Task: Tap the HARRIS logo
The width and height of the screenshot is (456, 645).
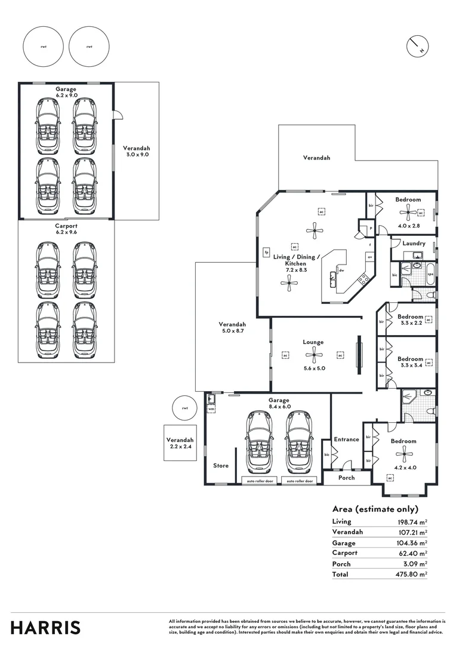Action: point(45,628)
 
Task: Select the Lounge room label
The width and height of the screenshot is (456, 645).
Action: point(313,342)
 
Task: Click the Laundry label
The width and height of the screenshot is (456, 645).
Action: point(414,243)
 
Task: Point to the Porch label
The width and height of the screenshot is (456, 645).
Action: point(346,477)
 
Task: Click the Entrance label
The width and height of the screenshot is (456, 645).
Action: point(346,439)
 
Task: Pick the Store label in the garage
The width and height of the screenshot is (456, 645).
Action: point(221,465)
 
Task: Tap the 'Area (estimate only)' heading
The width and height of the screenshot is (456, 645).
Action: point(375,509)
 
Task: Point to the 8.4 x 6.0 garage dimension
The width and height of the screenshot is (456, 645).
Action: point(279,406)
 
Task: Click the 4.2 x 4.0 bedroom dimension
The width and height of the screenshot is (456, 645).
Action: point(404,468)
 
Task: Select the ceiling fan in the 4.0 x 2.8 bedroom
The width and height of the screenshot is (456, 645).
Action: point(408,210)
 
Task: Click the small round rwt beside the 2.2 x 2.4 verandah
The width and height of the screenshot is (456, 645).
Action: point(185,408)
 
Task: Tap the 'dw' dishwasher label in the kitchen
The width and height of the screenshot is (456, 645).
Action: point(341,270)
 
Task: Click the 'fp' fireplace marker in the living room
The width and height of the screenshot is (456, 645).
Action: point(267,253)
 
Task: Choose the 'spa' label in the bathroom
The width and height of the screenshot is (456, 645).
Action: point(430,274)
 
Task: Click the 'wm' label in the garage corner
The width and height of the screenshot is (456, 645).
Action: point(211,408)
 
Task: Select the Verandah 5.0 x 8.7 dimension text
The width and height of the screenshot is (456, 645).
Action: point(233,330)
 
